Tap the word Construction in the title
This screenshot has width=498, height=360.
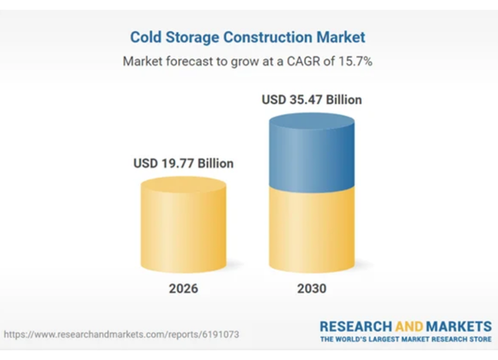268,37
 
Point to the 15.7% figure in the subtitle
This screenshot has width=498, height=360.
355,61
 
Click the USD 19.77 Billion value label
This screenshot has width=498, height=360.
183,163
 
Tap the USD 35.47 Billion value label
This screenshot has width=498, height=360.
312,100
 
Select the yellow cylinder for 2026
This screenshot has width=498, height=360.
184,225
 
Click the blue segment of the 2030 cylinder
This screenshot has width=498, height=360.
312,153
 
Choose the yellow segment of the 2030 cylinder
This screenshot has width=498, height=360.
312,230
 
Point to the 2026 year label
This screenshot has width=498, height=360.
183,289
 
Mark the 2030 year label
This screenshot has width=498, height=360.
312,289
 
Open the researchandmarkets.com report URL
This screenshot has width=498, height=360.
121,334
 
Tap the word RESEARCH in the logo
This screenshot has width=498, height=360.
355,326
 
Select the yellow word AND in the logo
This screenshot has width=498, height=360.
409,326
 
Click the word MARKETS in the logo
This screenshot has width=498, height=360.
459,326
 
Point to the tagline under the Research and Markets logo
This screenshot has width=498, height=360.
406,339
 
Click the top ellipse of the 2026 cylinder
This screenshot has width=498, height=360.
184,184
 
